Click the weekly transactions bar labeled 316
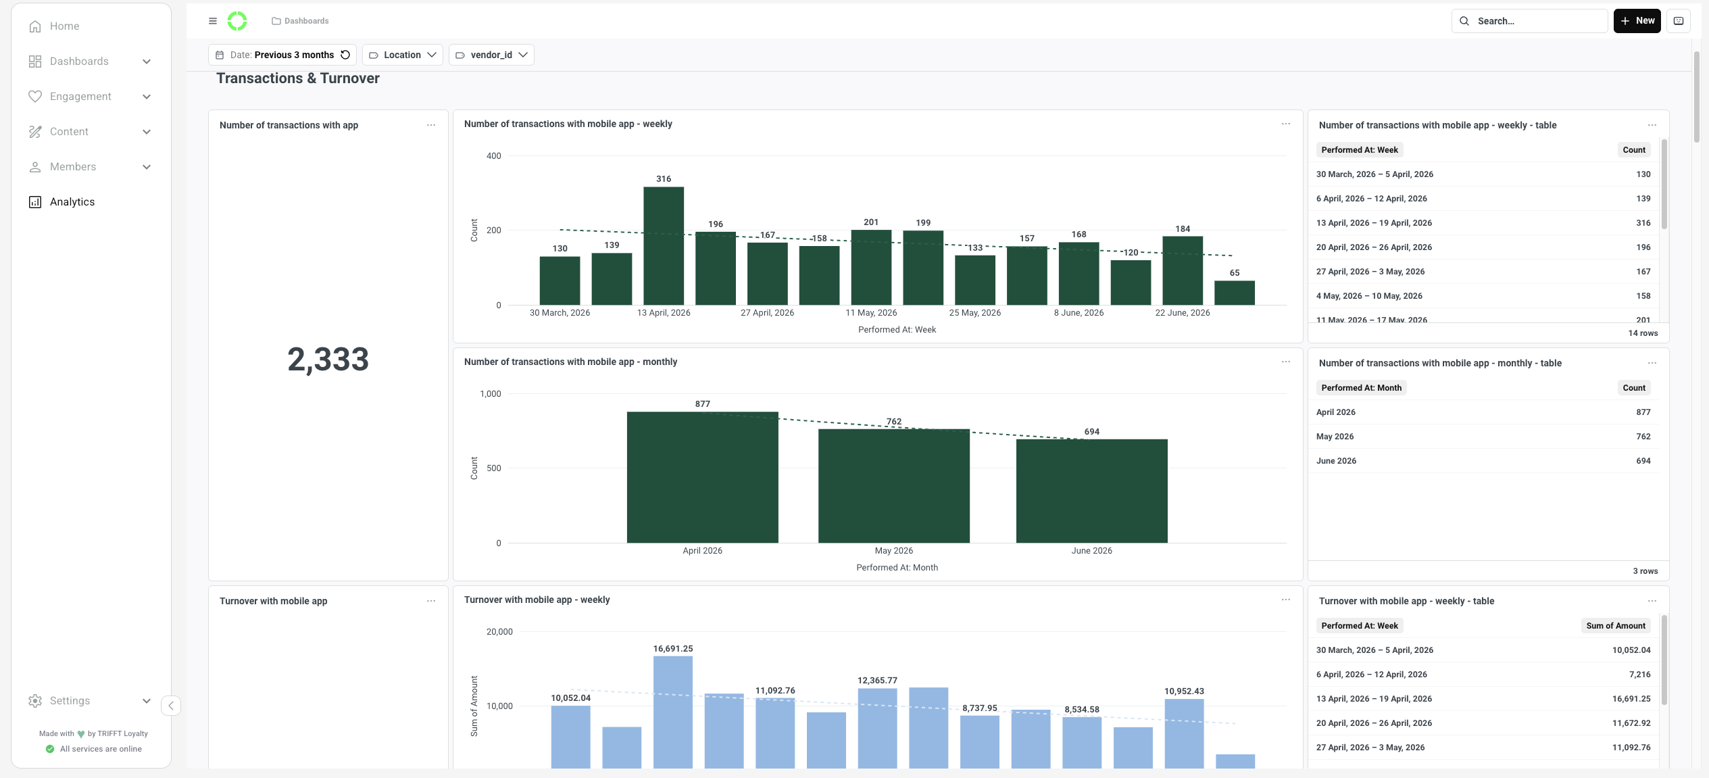click(663, 246)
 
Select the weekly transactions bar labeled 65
click(1234, 293)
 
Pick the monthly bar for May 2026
click(893, 486)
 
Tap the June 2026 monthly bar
click(1091, 491)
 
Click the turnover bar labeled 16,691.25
click(672, 712)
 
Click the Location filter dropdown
click(403, 55)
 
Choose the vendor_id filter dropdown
click(491, 55)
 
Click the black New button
click(1637, 21)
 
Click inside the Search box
click(1529, 21)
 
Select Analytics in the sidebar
click(72, 202)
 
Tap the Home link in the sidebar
click(64, 26)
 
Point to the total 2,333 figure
click(328, 359)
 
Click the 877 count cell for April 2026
click(1643, 412)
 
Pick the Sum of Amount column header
click(1615, 626)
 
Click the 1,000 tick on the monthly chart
click(490, 394)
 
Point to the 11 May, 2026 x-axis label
click(871, 313)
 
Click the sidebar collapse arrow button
click(171, 706)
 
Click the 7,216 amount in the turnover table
click(1639, 675)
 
